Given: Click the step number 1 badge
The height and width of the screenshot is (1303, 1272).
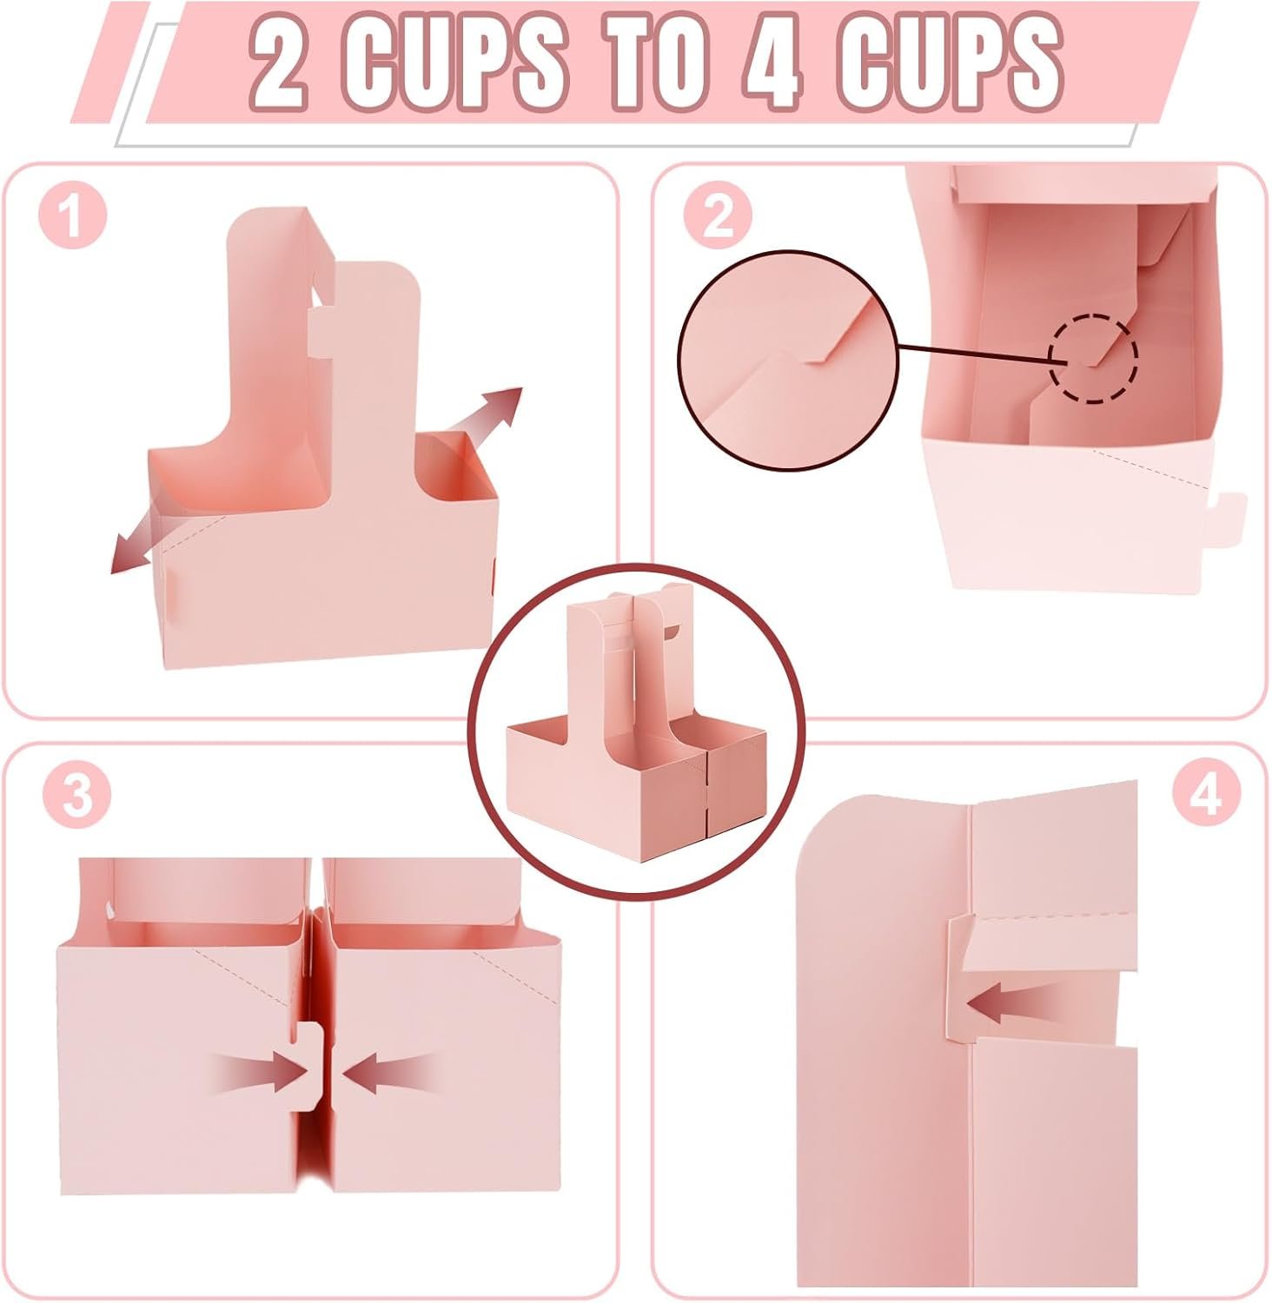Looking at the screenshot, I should click(x=73, y=216).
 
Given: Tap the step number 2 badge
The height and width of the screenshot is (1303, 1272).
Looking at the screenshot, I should click(x=717, y=215).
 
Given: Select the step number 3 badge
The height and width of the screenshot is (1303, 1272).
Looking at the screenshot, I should click(x=76, y=795).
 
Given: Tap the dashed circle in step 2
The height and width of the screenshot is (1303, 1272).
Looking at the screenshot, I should click(x=1092, y=358).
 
